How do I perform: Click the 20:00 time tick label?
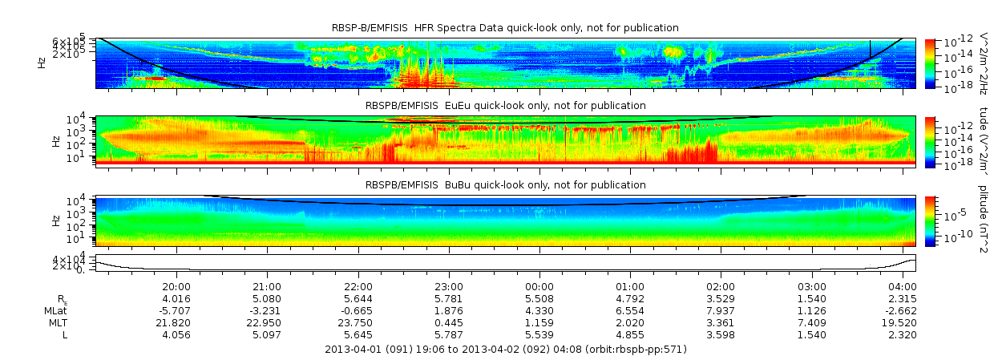[176, 286]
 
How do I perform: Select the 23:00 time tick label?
[449, 286]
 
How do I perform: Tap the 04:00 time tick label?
[903, 286]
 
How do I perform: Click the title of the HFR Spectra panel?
[505, 28]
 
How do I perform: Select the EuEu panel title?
[506, 106]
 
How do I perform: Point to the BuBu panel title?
[506, 185]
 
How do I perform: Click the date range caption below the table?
[506, 350]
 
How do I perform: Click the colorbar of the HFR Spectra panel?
[930, 63]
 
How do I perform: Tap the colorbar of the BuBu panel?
[930, 220]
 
